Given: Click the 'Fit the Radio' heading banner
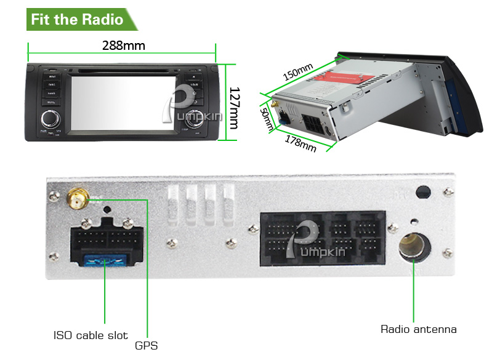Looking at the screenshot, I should [78, 19].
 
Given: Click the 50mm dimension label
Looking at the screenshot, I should [267, 119].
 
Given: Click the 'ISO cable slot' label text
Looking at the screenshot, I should [90, 335].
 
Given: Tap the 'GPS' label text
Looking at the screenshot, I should [147, 345].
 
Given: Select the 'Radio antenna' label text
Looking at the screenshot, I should [419, 329].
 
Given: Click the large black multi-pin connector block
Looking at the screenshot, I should [323, 239].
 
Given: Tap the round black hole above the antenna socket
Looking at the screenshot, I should [422, 192].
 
